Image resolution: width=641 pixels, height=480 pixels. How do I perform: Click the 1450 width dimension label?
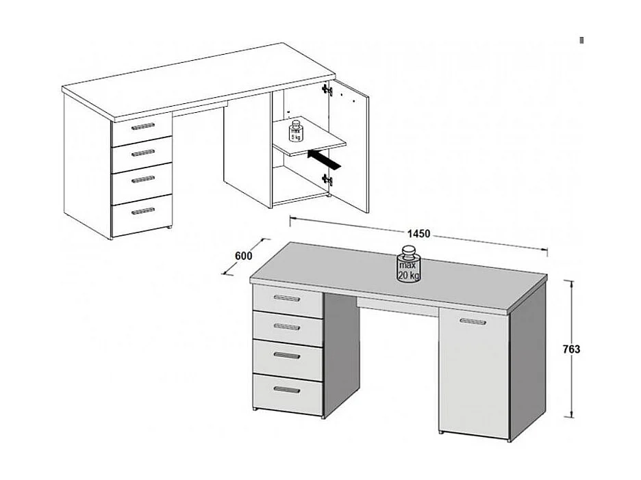coord(418,234)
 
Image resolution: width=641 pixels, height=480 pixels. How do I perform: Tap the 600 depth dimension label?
coord(244,256)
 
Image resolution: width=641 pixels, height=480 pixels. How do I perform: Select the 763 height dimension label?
coord(571,349)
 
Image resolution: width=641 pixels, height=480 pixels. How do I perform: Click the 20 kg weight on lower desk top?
coord(409,267)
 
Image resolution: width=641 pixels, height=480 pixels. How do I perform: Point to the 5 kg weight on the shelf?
coord(296,131)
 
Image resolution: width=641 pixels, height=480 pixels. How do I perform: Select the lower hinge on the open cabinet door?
coord(328,180)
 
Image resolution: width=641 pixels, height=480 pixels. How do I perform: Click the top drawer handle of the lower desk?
coord(287,297)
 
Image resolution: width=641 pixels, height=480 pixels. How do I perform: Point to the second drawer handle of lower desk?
coord(287,326)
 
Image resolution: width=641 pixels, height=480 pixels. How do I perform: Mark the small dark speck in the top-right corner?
coord(581,40)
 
